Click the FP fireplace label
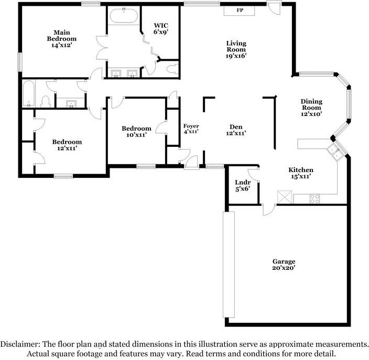coord(240,10)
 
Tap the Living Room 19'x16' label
coord(236,49)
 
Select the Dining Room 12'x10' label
coord(311,107)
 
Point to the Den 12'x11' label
coord(236,130)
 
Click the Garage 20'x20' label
coord(284,264)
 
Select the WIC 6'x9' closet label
coord(160,28)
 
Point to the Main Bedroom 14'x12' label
coord(61,38)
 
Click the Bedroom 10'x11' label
coord(136,132)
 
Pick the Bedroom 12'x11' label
coord(67,145)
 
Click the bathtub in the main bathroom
coord(124,15)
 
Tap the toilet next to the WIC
coord(170,69)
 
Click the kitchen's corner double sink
coord(334,153)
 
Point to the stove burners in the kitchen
coord(315,198)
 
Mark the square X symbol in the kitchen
coord(285,198)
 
